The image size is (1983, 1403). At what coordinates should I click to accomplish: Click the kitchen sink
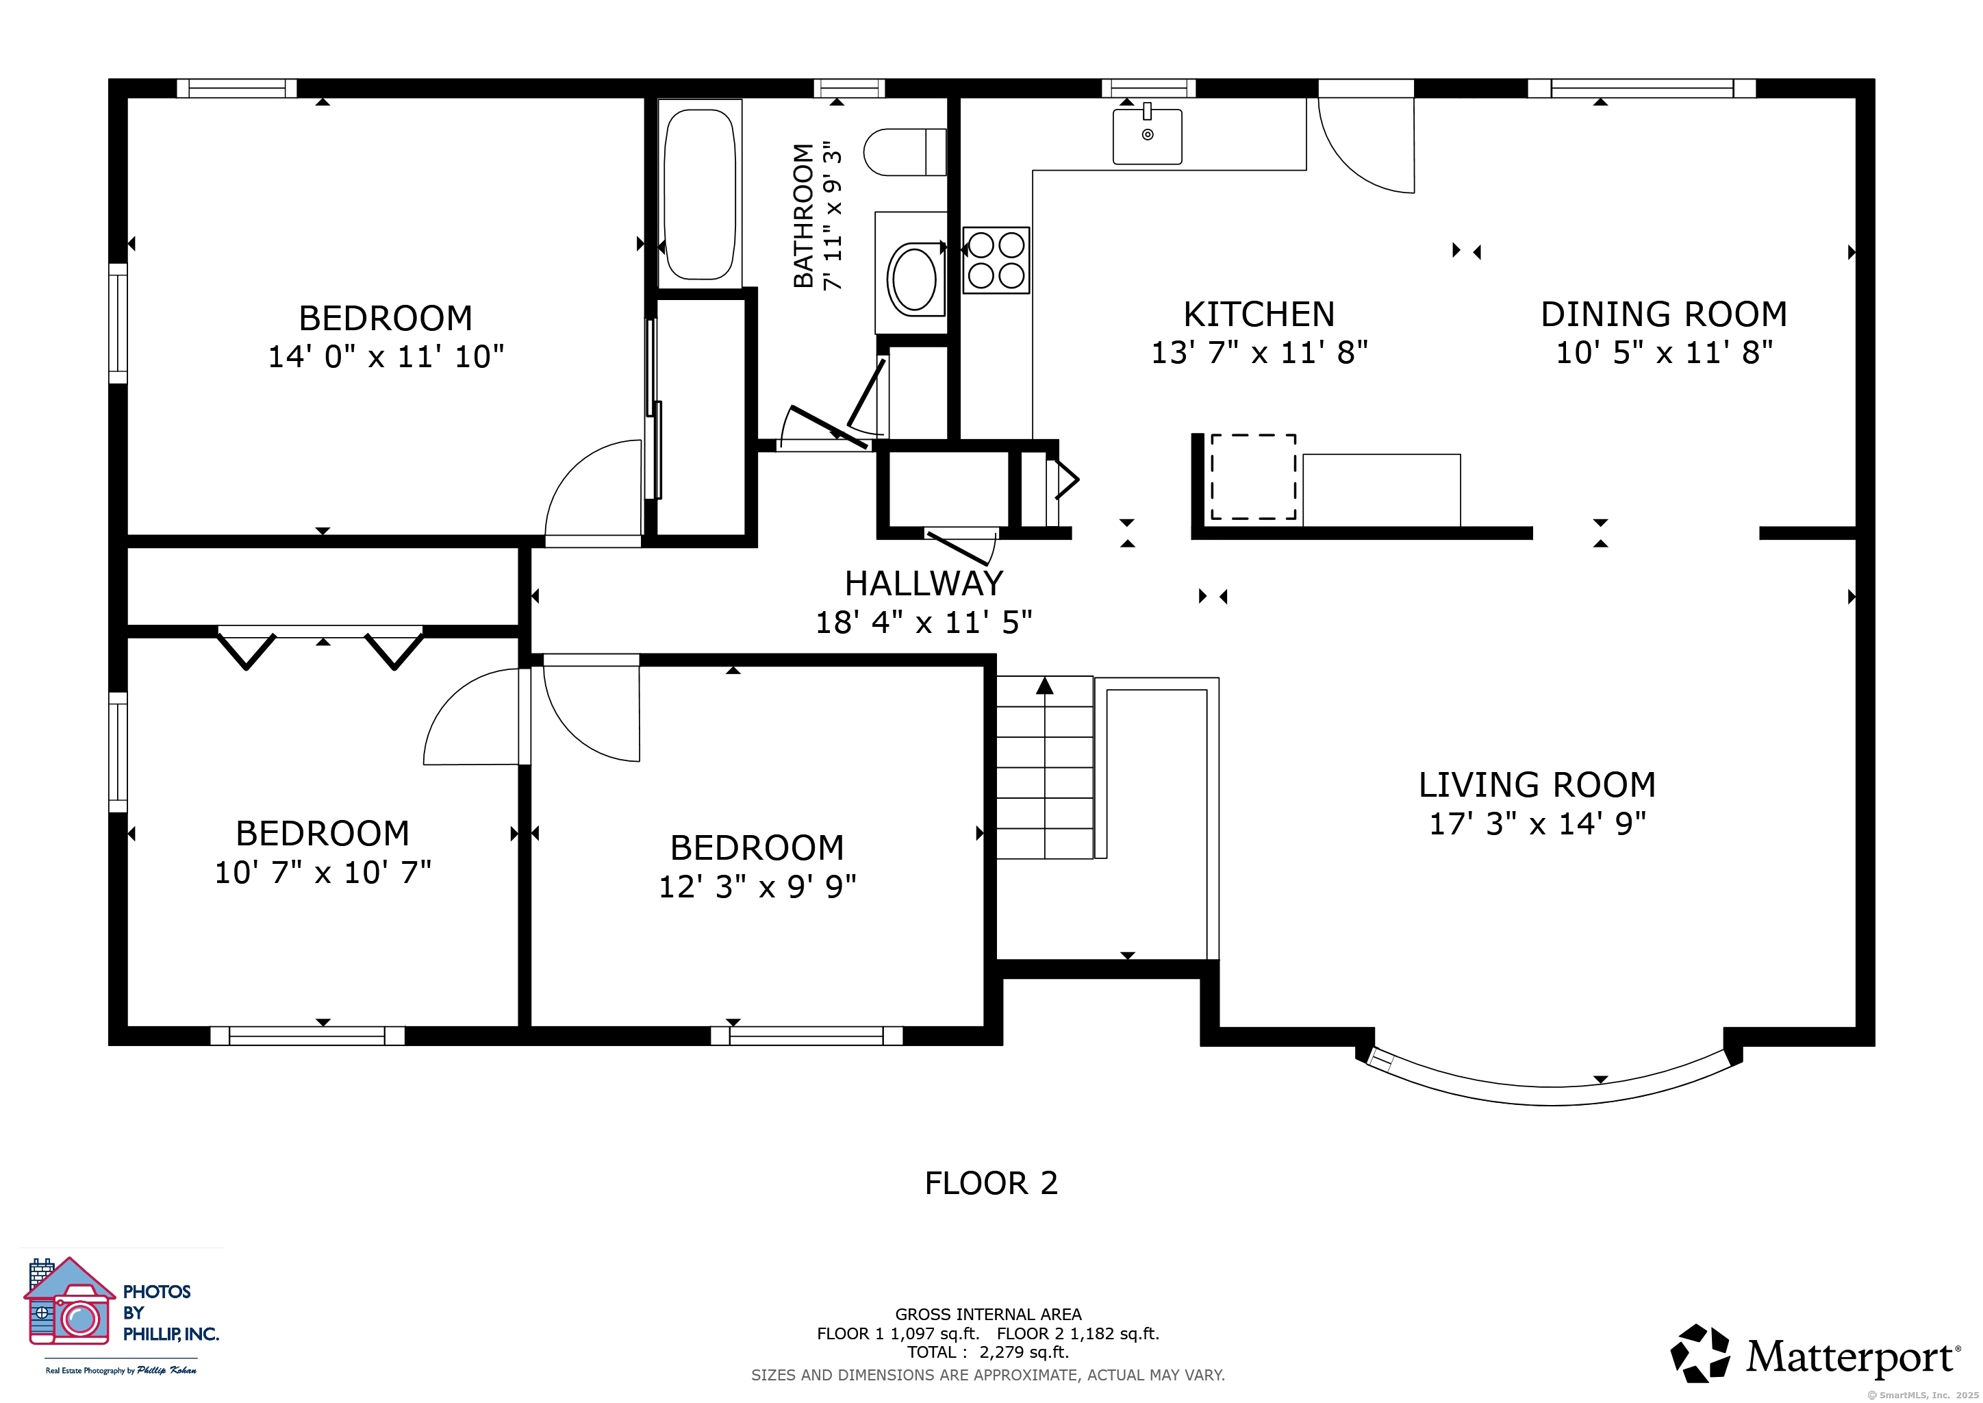pyautogui.click(x=1147, y=136)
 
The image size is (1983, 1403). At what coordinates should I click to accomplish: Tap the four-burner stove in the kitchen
pyautogui.click(x=996, y=260)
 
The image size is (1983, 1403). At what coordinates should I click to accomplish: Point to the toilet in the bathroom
pyautogui.click(x=905, y=152)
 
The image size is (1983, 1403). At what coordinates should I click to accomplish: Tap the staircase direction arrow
pyautogui.click(x=1045, y=685)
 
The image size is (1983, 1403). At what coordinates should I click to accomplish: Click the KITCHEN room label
pyautogui.click(x=1259, y=314)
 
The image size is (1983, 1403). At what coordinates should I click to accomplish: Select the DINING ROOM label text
pyautogui.click(x=1663, y=314)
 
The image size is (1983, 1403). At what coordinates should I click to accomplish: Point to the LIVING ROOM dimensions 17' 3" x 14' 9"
pyautogui.click(x=1537, y=823)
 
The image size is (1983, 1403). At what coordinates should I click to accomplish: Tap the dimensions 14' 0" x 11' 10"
pyautogui.click(x=386, y=356)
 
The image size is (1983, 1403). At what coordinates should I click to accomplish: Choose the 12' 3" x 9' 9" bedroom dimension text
pyautogui.click(x=757, y=886)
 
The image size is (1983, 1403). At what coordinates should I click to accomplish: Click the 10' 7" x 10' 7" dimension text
pyautogui.click(x=323, y=873)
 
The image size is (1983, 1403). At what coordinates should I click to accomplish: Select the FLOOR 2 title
pyautogui.click(x=991, y=1182)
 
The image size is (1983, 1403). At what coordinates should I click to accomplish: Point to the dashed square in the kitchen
pyautogui.click(x=1253, y=477)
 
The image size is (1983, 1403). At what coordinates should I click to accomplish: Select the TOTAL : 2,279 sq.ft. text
pyautogui.click(x=988, y=1352)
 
